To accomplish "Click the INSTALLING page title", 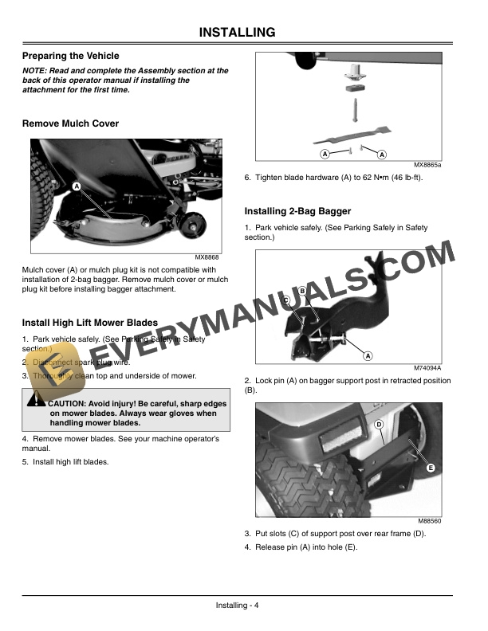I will tap(237, 33).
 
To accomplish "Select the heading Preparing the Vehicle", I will tap(71, 56).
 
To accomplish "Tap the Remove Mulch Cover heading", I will tap(71, 123).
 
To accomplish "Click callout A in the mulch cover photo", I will tap(76, 186).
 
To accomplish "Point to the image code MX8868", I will tap(207, 257).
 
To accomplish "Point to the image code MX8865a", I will tap(428, 164).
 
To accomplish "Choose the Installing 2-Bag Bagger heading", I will tap(297, 211).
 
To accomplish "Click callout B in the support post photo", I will tap(303, 292).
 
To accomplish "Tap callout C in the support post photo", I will tap(285, 300).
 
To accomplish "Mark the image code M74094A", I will tap(427, 367).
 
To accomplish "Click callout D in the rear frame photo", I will tap(379, 425).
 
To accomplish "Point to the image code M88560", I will tap(430, 520).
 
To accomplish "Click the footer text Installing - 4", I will tap(238, 606).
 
